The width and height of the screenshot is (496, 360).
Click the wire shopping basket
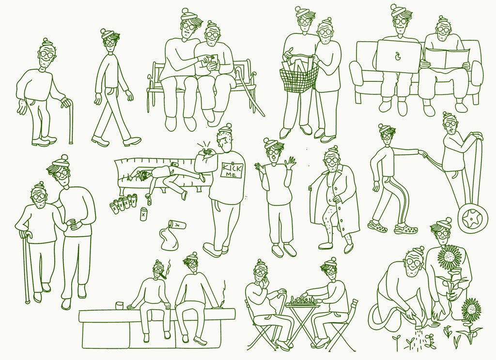click(x=298, y=76)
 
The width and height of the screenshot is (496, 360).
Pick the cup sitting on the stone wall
click(x=119, y=306)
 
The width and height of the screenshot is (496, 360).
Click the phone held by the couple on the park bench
click(x=214, y=60)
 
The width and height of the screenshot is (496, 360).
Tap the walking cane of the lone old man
click(x=70, y=121)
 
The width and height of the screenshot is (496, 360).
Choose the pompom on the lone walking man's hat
click(x=103, y=31)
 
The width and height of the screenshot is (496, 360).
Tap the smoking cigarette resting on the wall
click(x=223, y=304)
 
